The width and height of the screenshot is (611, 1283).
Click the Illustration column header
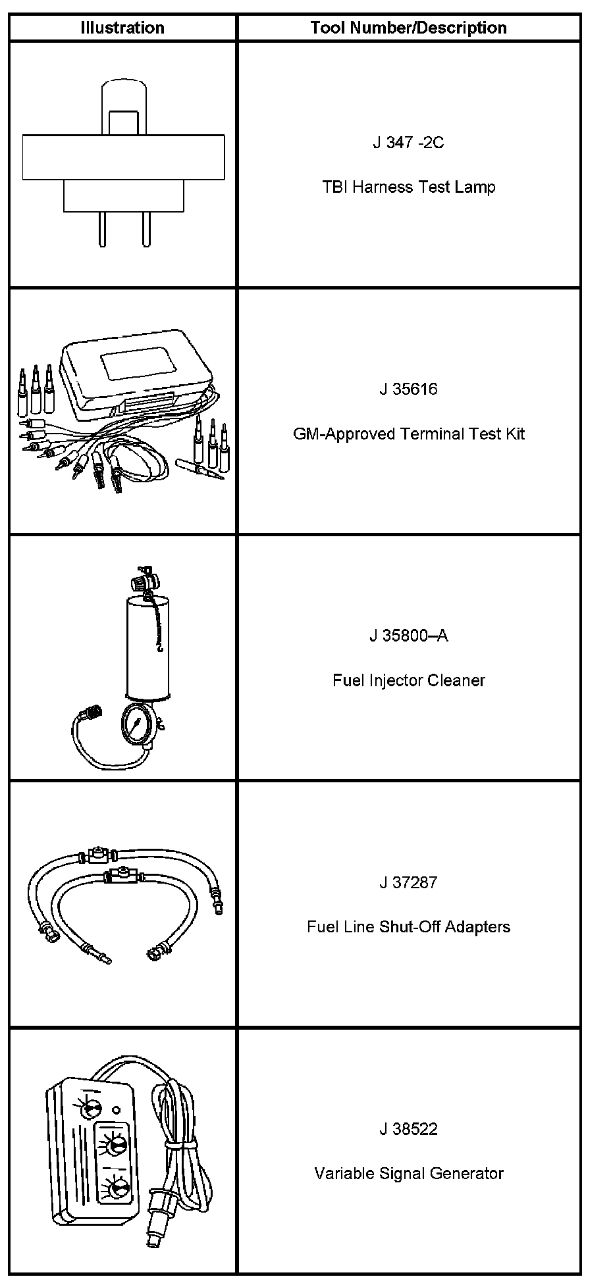coord(122,28)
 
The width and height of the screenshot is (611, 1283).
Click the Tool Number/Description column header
coord(408,28)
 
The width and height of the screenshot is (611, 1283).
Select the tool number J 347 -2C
coord(408,142)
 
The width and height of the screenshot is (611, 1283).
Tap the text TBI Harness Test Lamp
coord(408,187)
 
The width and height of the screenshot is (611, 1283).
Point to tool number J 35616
coord(408,389)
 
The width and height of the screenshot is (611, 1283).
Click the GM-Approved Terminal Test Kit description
coord(408,434)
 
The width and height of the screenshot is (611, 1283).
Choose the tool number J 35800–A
coord(408,636)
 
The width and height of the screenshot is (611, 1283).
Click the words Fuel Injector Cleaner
coord(408,680)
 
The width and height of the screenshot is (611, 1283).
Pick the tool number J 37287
coord(408,882)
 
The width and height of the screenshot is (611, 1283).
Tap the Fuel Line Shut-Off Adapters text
coord(408,926)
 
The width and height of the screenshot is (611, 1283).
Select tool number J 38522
coord(408,1129)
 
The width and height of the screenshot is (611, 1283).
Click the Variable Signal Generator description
coord(408,1173)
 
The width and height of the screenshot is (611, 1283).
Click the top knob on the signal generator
coord(88,1109)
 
